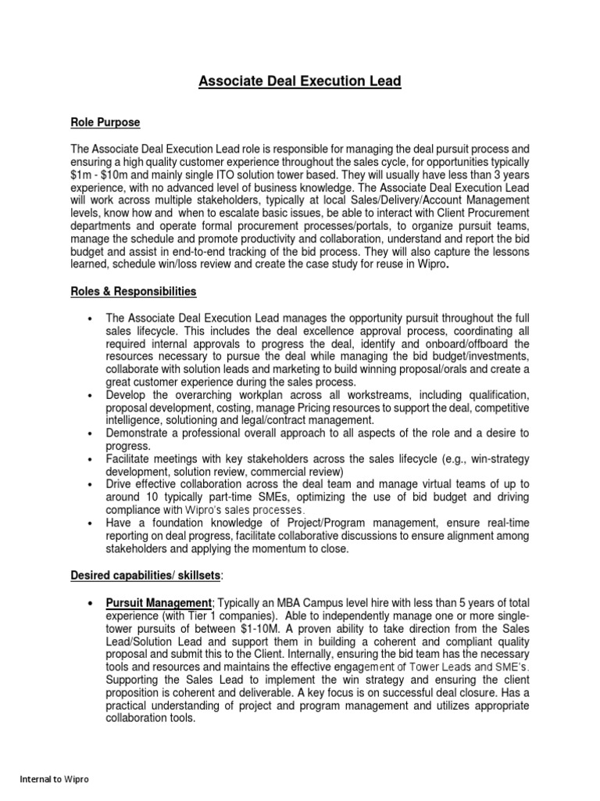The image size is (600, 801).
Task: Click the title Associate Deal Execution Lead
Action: tap(300, 81)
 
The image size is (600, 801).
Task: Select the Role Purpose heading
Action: tap(105, 123)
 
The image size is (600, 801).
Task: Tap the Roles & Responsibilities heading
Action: tap(134, 292)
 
